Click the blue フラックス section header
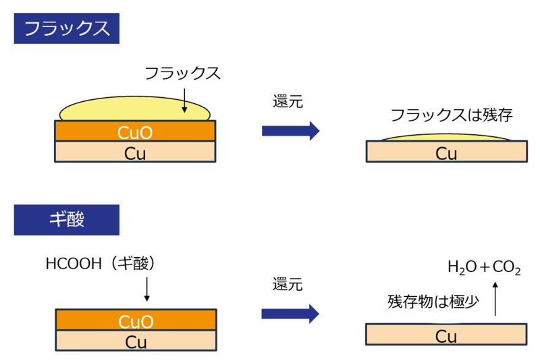[66, 29]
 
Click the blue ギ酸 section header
[66, 219]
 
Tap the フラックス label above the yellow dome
[182, 74]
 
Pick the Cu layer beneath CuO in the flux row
[135, 152]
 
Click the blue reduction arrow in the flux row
[290, 131]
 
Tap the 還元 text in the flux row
[288, 103]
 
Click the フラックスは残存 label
[452, 115]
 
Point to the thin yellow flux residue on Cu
[446, 138]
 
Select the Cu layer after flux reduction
[446, 152]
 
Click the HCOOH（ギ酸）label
[101, 263]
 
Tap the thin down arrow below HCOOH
[146, 289]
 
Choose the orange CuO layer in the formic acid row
[136, 320]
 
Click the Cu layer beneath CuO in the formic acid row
[136, 341]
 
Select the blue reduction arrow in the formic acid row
[290, 313]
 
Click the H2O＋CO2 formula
[484, 268]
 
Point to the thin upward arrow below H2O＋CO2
[495, 299]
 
